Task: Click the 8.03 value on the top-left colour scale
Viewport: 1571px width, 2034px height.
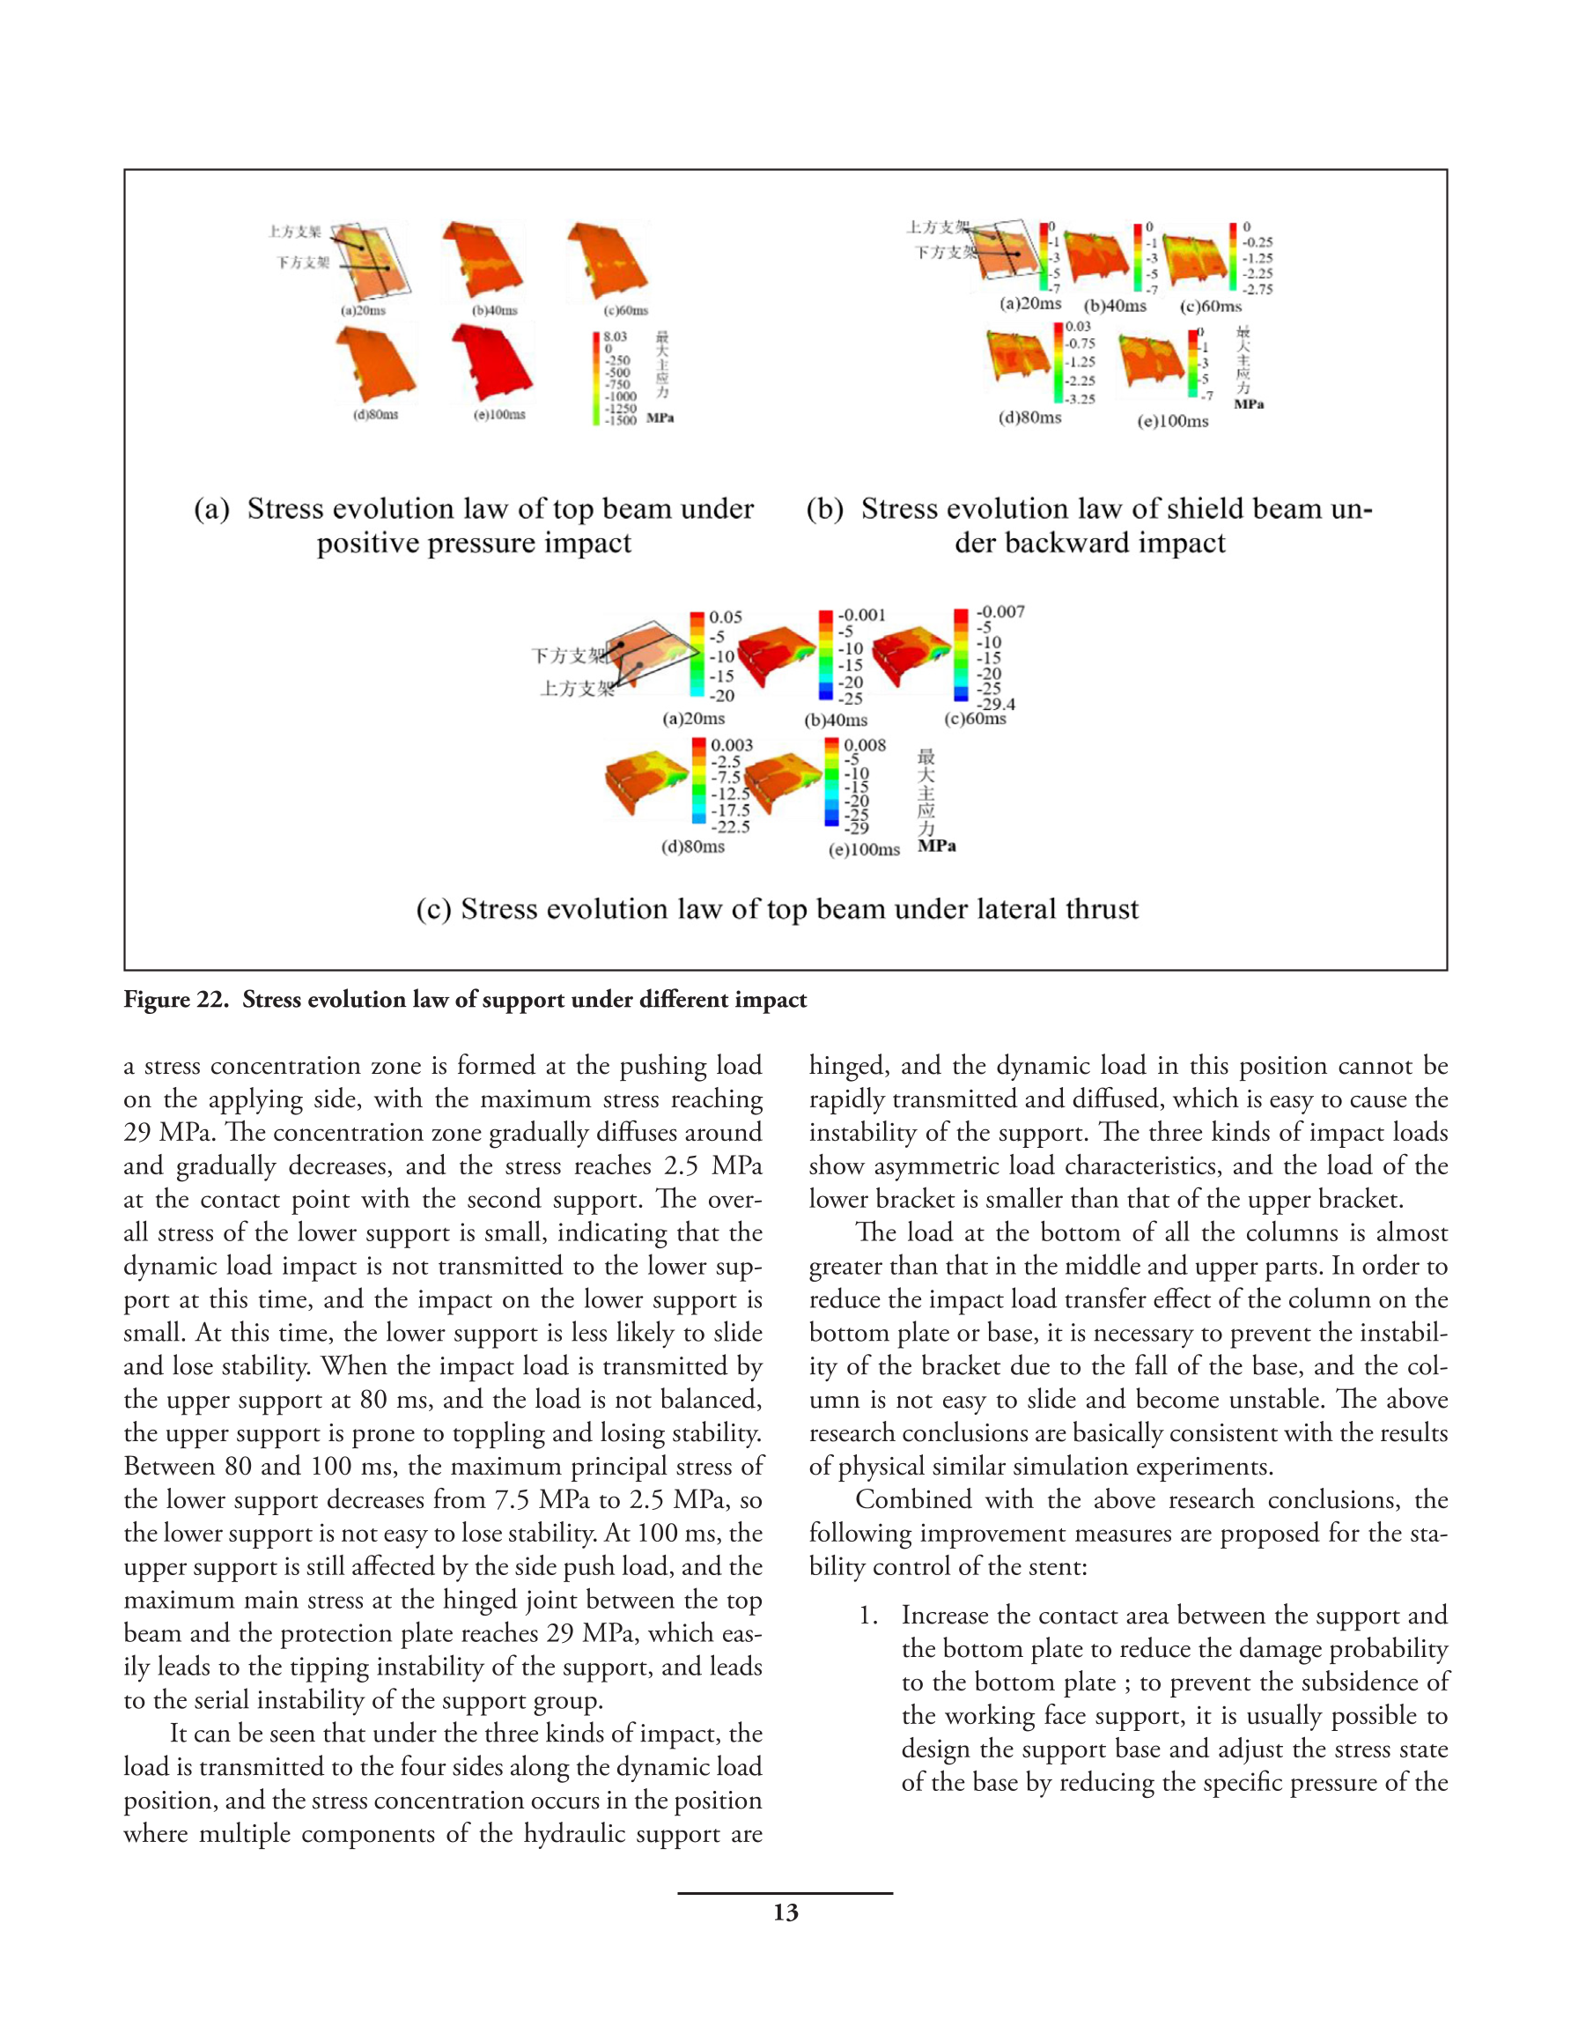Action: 615,337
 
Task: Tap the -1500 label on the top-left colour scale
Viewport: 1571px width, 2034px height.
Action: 620,420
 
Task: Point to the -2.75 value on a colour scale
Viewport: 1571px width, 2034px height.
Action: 1258,290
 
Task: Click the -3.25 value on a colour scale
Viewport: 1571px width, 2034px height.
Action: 1081,398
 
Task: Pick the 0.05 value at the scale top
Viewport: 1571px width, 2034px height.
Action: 726,617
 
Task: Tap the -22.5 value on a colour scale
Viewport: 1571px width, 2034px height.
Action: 730,827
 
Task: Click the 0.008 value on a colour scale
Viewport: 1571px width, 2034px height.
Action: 864,745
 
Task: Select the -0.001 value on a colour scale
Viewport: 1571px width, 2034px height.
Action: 861,615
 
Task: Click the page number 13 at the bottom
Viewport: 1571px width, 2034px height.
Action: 785,1912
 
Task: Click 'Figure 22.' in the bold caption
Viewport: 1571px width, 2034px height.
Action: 175,999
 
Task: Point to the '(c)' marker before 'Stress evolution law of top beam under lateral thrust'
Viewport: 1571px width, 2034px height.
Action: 433,909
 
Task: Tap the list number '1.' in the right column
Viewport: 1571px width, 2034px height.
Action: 868,1615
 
